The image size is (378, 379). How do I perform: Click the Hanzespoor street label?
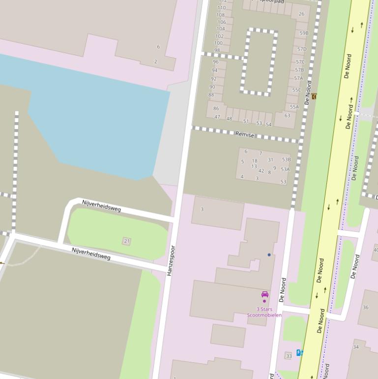pyautogui.click(x=171, y=260)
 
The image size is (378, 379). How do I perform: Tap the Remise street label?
pyautogui.click(x=244, y=134)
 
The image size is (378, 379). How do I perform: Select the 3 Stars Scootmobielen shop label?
pyautogui.click(x=264, y=312)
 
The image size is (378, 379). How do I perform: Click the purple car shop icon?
pyautogui.click(x=265, y=294)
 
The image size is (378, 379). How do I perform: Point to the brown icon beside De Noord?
pyautogui.click(x=314, y=96)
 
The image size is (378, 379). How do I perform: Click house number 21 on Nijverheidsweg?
pyautogui.click(x=127, y=241)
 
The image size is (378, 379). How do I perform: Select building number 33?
pyautogui.click(x=289, y=356)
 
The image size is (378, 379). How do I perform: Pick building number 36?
pyautogui.click(x=365, y=308)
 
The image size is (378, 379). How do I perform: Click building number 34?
pyautogui.click(x=356, y=347)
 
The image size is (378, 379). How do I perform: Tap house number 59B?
pyautogui.click(x=304, y=33)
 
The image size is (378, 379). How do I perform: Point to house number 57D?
pyautogui.click(x=301, y=49)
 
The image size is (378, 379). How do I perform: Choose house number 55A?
pyautogui.click(x=294, y=107)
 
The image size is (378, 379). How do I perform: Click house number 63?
pyautogui.click(x=287, y=116)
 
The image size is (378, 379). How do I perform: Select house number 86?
pyautogui.click(x=216, y=108)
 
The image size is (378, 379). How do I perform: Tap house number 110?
pyautogui.click(x=222, y=8)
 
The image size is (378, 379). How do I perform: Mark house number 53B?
pyautogui.click(x=286, y=159)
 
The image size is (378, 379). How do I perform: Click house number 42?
pyautogui.click(x=261, y=171)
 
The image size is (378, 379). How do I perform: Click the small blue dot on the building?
pyautogui.click(x=269, y=254)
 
